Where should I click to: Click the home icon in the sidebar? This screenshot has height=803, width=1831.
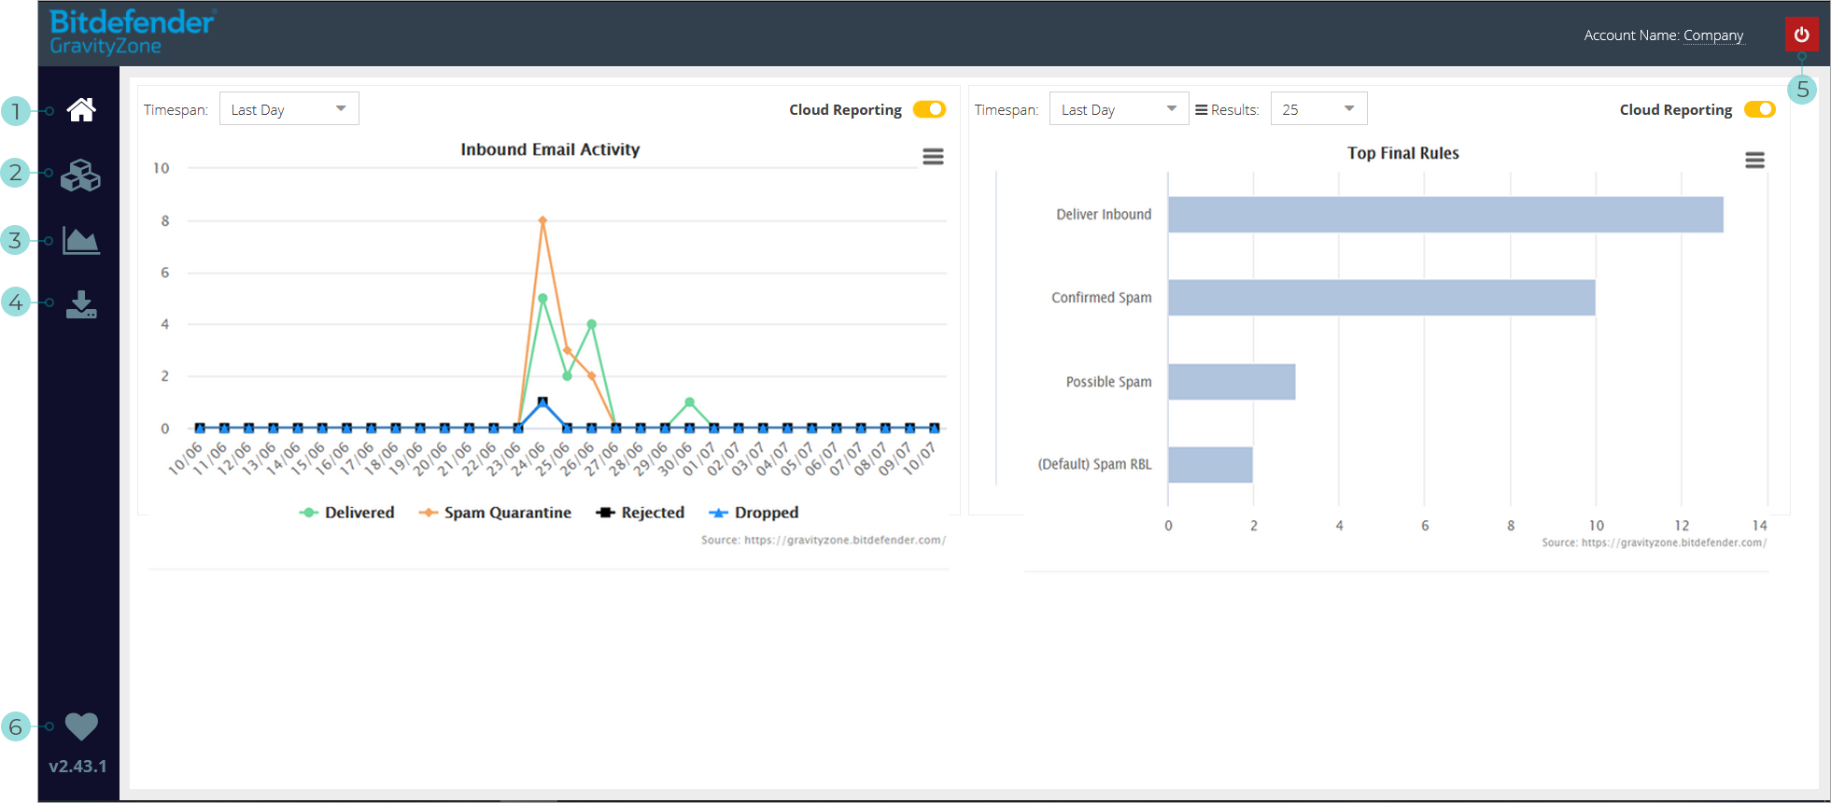81,110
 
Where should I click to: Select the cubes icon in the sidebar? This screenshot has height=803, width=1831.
81,175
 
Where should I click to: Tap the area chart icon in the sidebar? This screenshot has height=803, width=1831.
81,240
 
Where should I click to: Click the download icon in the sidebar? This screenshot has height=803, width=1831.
81,304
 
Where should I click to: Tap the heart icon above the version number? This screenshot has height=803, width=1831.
81,726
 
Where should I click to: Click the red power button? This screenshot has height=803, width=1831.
1801,35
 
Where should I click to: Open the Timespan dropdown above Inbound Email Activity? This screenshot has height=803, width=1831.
289,109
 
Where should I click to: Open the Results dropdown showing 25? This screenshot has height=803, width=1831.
1317,109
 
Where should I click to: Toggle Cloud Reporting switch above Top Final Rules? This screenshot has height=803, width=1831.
1759,109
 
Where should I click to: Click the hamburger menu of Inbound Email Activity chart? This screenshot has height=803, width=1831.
933,157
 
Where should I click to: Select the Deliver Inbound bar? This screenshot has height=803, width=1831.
1444,215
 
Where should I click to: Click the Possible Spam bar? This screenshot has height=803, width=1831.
1231,382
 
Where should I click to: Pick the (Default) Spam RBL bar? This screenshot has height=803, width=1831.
1209,465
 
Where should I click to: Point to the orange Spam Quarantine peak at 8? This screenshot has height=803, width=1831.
542,221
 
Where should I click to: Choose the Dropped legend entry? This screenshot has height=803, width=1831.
754,513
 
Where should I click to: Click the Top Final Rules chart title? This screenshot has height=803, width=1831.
1402,153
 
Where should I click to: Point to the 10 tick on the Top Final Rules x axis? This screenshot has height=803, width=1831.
1596,526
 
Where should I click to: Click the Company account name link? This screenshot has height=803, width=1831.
1712,35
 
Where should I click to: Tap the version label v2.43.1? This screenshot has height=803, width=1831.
77,767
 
